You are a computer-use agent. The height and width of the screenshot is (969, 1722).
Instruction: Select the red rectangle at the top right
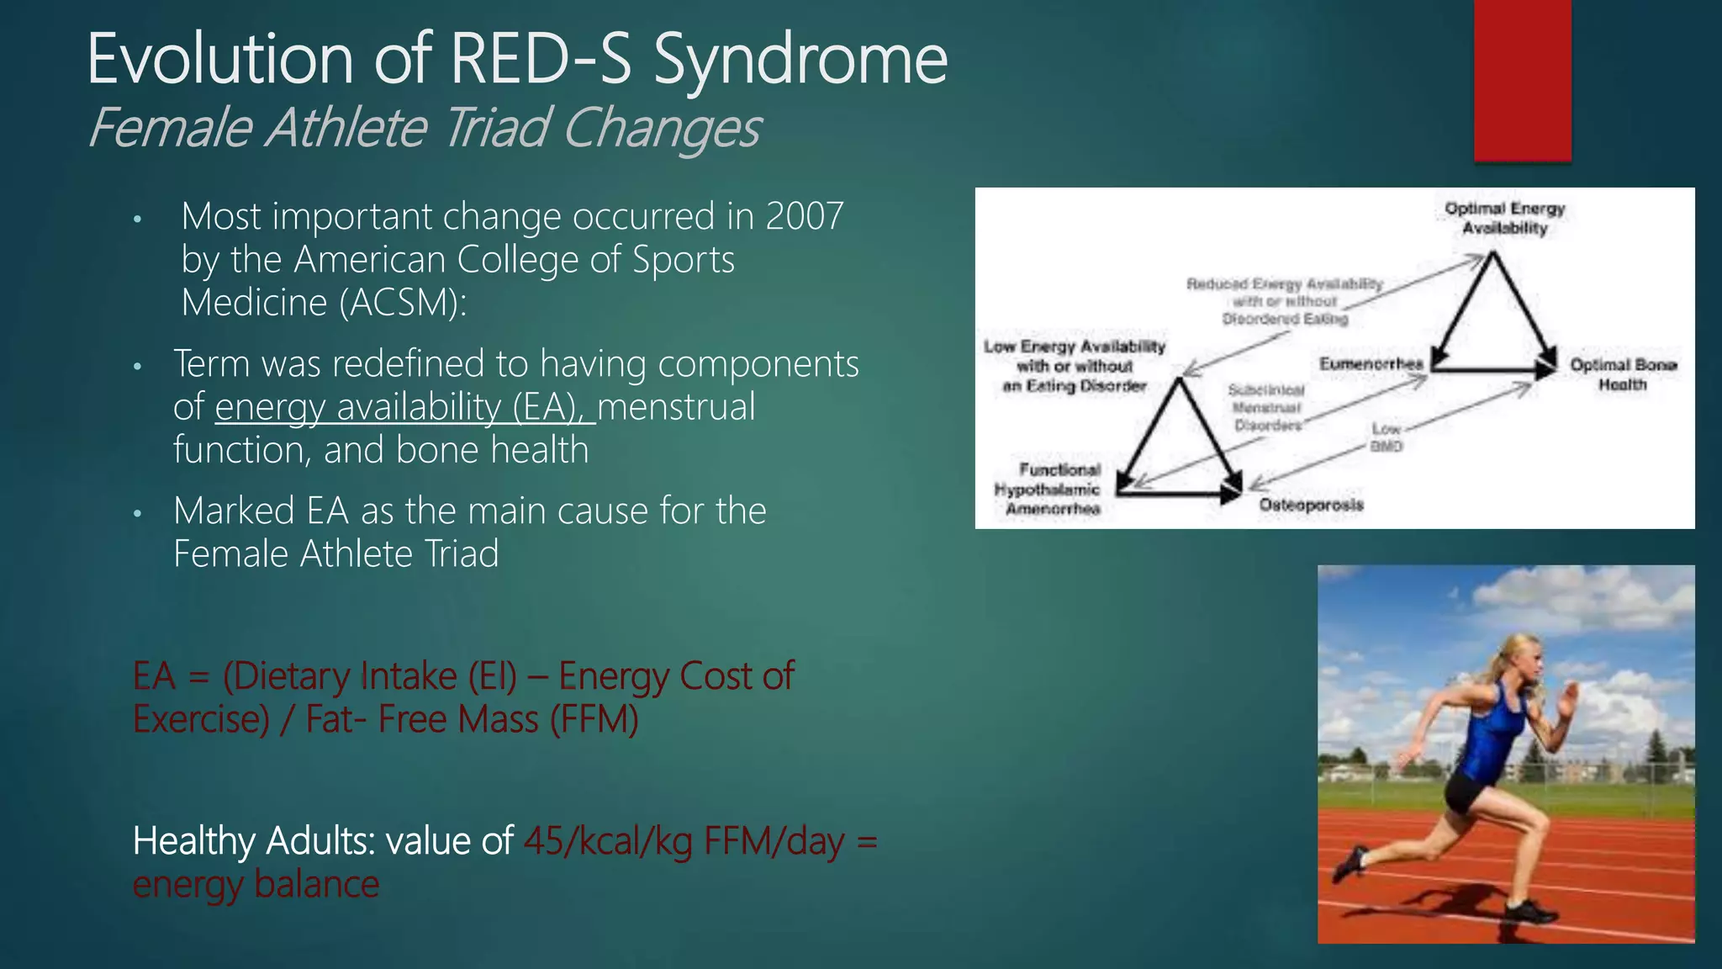pos(1522,80)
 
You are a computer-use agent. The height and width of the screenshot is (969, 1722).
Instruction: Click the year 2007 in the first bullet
pos(804,217)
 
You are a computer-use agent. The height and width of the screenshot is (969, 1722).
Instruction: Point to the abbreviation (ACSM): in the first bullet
pos(404,303)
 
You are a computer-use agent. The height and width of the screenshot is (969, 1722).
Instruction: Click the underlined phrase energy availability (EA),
pos(405,408)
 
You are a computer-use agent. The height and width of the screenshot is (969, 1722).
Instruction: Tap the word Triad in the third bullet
pos(462,554)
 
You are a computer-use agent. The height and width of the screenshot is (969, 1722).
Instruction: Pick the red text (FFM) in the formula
pos(594,720)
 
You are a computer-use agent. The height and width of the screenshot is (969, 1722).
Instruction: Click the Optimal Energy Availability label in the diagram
pos(1504,219)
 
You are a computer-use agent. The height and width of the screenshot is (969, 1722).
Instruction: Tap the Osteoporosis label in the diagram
pos(1311,505)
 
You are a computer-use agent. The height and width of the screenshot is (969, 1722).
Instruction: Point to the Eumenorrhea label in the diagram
pos(1371,363)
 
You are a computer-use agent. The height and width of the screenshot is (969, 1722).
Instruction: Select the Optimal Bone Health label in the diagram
pos(1623,374)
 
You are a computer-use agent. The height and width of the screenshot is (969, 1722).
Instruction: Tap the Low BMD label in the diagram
pos(1387,437)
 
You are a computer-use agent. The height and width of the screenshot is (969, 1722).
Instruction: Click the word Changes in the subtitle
pos(661,129)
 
